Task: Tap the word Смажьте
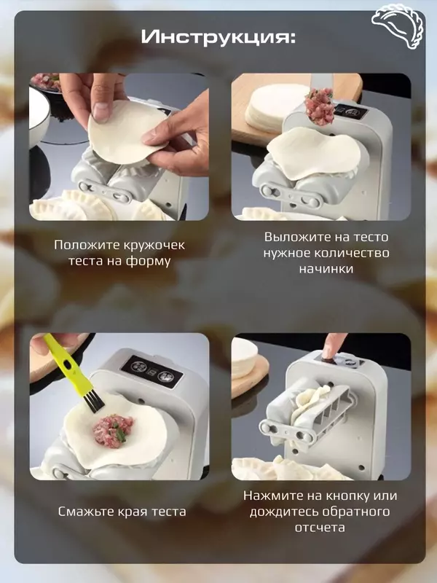pyautogui.click(x=86, y=512)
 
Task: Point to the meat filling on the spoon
pyautogui.click(x=319, y=106)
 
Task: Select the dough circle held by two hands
pyautogui.click(x=124, y=131)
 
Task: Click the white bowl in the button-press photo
pyautogui.click(x=245, y=356)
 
